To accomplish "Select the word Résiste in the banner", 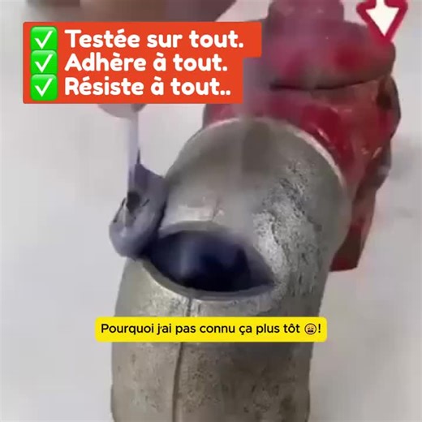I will pyautogui.click(x=103, y=87).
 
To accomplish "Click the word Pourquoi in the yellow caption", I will pyautogui.click(x=126, y=330).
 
